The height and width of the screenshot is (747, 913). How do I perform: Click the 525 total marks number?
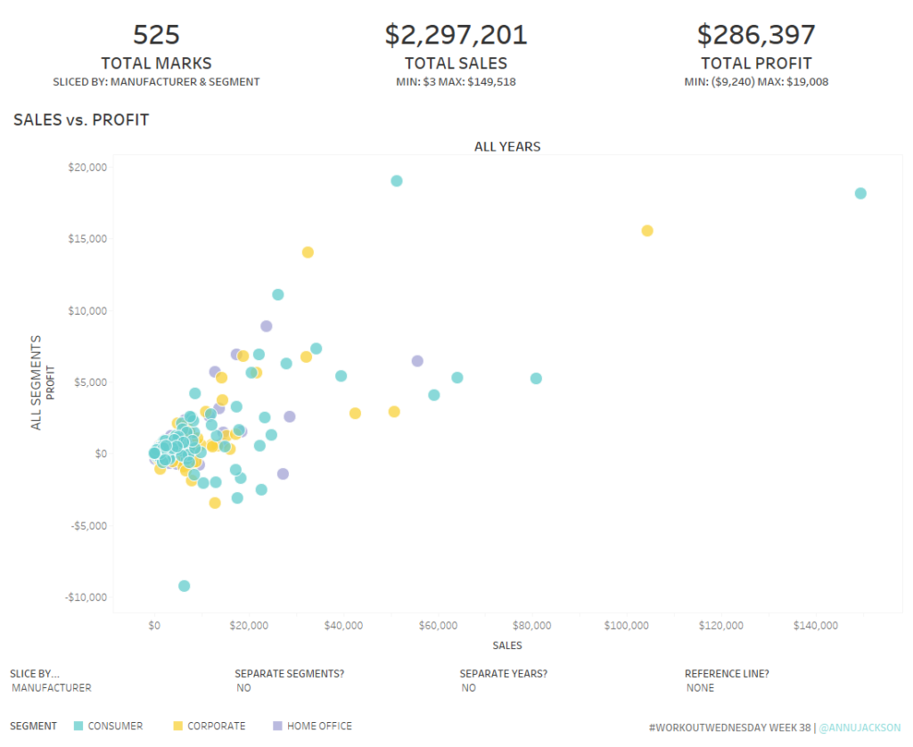pos(156,35)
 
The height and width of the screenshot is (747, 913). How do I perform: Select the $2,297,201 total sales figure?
pos(456,35)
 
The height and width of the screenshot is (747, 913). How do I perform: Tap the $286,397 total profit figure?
pos(756,35)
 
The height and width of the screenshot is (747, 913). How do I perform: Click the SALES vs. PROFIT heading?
pos(81,119)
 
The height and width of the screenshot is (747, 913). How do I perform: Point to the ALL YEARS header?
pos(507,146)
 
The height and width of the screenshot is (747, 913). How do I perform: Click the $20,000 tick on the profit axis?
pos(87,167)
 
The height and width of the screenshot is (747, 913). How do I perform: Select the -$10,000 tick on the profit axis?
pos(86,597)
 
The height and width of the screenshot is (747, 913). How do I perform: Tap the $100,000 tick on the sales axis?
pos(627,626)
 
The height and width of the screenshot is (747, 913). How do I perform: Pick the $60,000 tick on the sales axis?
pos(438,626)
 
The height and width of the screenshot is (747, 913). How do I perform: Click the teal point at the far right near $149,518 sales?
pos(860,193)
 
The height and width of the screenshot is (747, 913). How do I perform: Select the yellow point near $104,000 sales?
pos(647,231)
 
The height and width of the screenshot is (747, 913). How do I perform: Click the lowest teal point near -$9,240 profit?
pos(184,586)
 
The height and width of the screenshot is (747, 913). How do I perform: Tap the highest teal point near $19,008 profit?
pos(397,181)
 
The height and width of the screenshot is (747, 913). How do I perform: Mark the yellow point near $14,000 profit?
pos(308,252)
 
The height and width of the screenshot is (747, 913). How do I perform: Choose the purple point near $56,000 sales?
pos(417,361)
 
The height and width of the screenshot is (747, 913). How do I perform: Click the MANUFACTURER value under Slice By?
pos(52,688)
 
